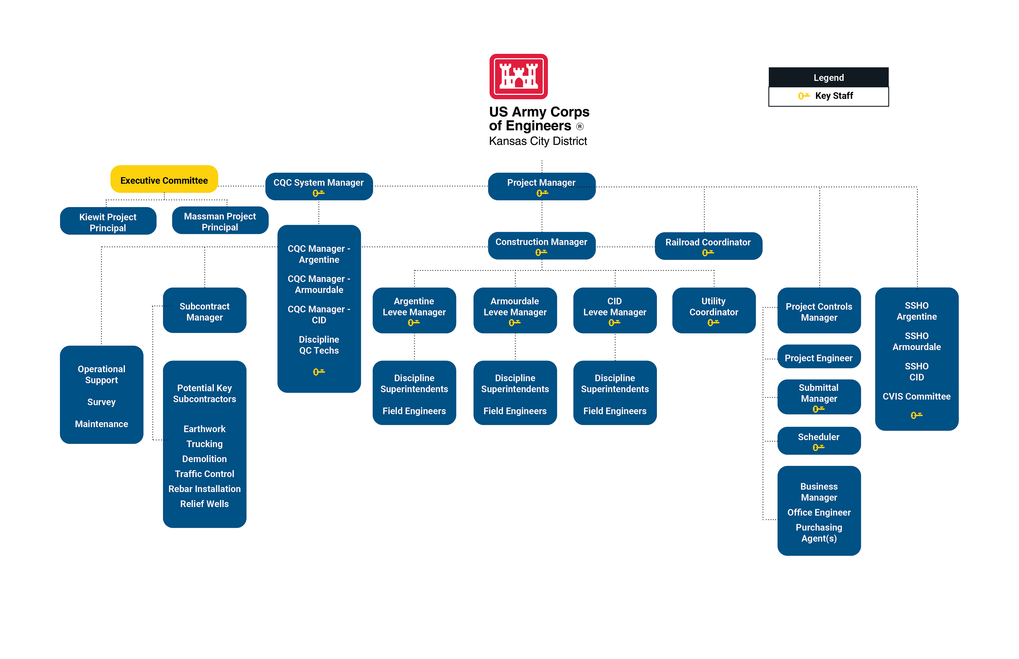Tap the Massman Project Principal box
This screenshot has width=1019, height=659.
(x=220, y=221)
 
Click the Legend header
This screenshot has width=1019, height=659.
(x=828, y=77)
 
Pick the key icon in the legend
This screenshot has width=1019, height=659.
(x=804, y=96)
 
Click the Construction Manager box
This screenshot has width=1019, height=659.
(x=542, y=246)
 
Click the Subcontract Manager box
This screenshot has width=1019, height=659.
(x=205, y=311)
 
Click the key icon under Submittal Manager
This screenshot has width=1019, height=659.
(x=818, y=409)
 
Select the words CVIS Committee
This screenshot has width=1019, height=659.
(x=916, y=396)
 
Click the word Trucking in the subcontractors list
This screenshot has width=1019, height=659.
(x=205, y=444)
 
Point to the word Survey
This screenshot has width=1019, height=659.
(x=101, y=402)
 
